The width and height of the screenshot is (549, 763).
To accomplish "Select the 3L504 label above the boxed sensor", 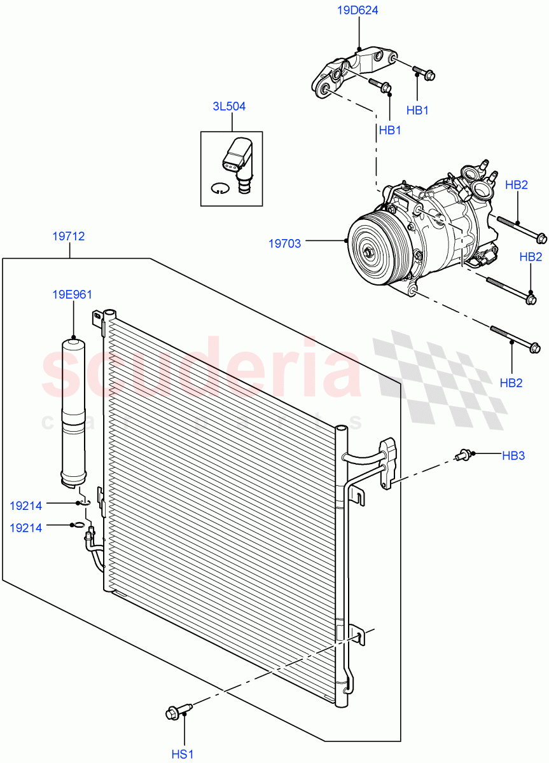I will [x=229, y=106].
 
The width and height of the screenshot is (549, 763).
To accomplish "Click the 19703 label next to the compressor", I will [x=284, y=242].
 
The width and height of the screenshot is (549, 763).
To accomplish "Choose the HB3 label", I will [x=513, y=455].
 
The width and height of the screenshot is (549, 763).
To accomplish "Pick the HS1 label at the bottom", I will [x=183, y=754].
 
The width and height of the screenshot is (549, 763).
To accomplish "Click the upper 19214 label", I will [x=26, y=506].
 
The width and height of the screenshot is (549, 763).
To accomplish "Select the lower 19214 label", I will [x=26, y=527].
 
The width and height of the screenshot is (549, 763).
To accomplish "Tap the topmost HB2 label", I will [x=517, y=185].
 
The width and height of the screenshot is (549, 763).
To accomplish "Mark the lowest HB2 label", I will [x=511, y=383].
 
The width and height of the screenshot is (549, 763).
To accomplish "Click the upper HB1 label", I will [x=417, y=110].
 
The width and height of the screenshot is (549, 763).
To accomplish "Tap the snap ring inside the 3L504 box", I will [x=219, y=188].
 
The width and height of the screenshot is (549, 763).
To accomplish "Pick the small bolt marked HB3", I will [x=463, y=455].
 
